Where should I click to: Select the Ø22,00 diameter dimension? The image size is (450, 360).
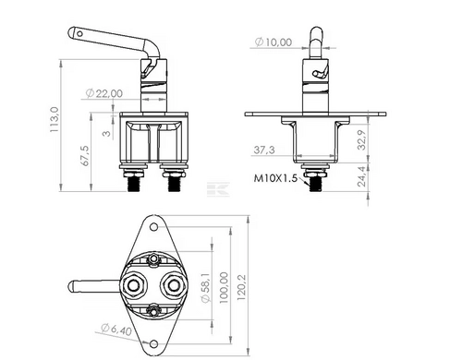102,93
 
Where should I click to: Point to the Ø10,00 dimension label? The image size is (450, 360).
274,42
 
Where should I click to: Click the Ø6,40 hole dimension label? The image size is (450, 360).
114,329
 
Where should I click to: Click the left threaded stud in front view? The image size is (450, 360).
136,183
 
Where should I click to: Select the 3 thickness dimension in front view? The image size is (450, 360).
107,133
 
